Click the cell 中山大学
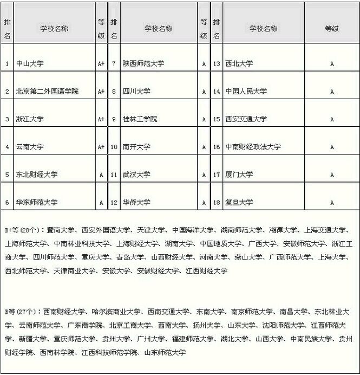click(30, 64)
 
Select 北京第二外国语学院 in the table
click(48, 92)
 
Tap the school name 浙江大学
click(30, 119)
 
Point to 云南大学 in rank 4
click(30, 147)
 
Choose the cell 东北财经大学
click(37, 174)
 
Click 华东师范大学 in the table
click(37, 202)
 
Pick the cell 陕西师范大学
click(143, 64)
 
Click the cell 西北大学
click(239, 64)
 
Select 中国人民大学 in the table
click(246, 92)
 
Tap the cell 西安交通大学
click(246, 119)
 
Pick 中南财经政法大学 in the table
click(253, 147)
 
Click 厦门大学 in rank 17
click(239, 174)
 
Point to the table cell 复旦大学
click(239, 202)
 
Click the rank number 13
click(217, 64)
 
